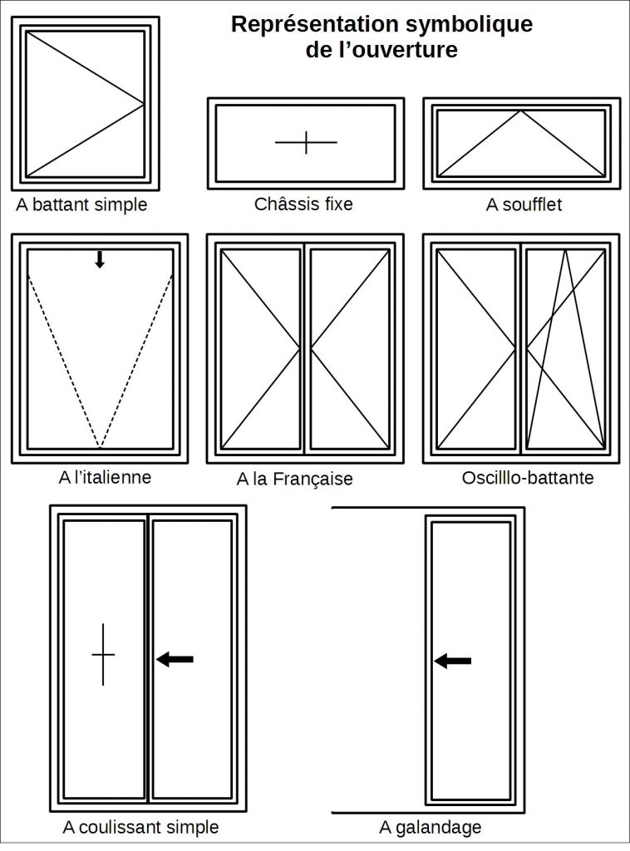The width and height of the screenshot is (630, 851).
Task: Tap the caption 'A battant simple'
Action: coord(81,204)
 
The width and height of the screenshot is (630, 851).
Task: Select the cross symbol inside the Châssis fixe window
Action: coord(306,143)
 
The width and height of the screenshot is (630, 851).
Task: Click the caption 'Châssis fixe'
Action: coord(303,204)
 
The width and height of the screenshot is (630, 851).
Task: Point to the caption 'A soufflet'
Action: coord(524,204)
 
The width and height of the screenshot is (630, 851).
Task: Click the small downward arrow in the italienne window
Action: coord(100,259)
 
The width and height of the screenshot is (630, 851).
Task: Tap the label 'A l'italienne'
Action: coord(105,477)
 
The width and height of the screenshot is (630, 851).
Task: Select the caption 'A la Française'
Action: coord(294,479)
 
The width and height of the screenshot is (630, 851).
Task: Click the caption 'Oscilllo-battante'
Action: coord(527,478)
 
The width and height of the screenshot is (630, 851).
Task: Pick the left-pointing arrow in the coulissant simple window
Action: coord(175,659)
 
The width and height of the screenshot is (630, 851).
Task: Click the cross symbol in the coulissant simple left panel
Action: coord(103,654)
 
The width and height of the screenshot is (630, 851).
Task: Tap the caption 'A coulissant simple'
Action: coord(140,827)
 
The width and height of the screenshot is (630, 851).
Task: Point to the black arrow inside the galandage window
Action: coord(453,661)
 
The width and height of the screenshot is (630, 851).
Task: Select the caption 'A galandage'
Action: coord(430,827)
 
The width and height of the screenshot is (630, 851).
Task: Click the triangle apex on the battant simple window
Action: coord(145,105)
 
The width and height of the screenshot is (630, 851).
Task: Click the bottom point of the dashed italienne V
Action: coord(100,448)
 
